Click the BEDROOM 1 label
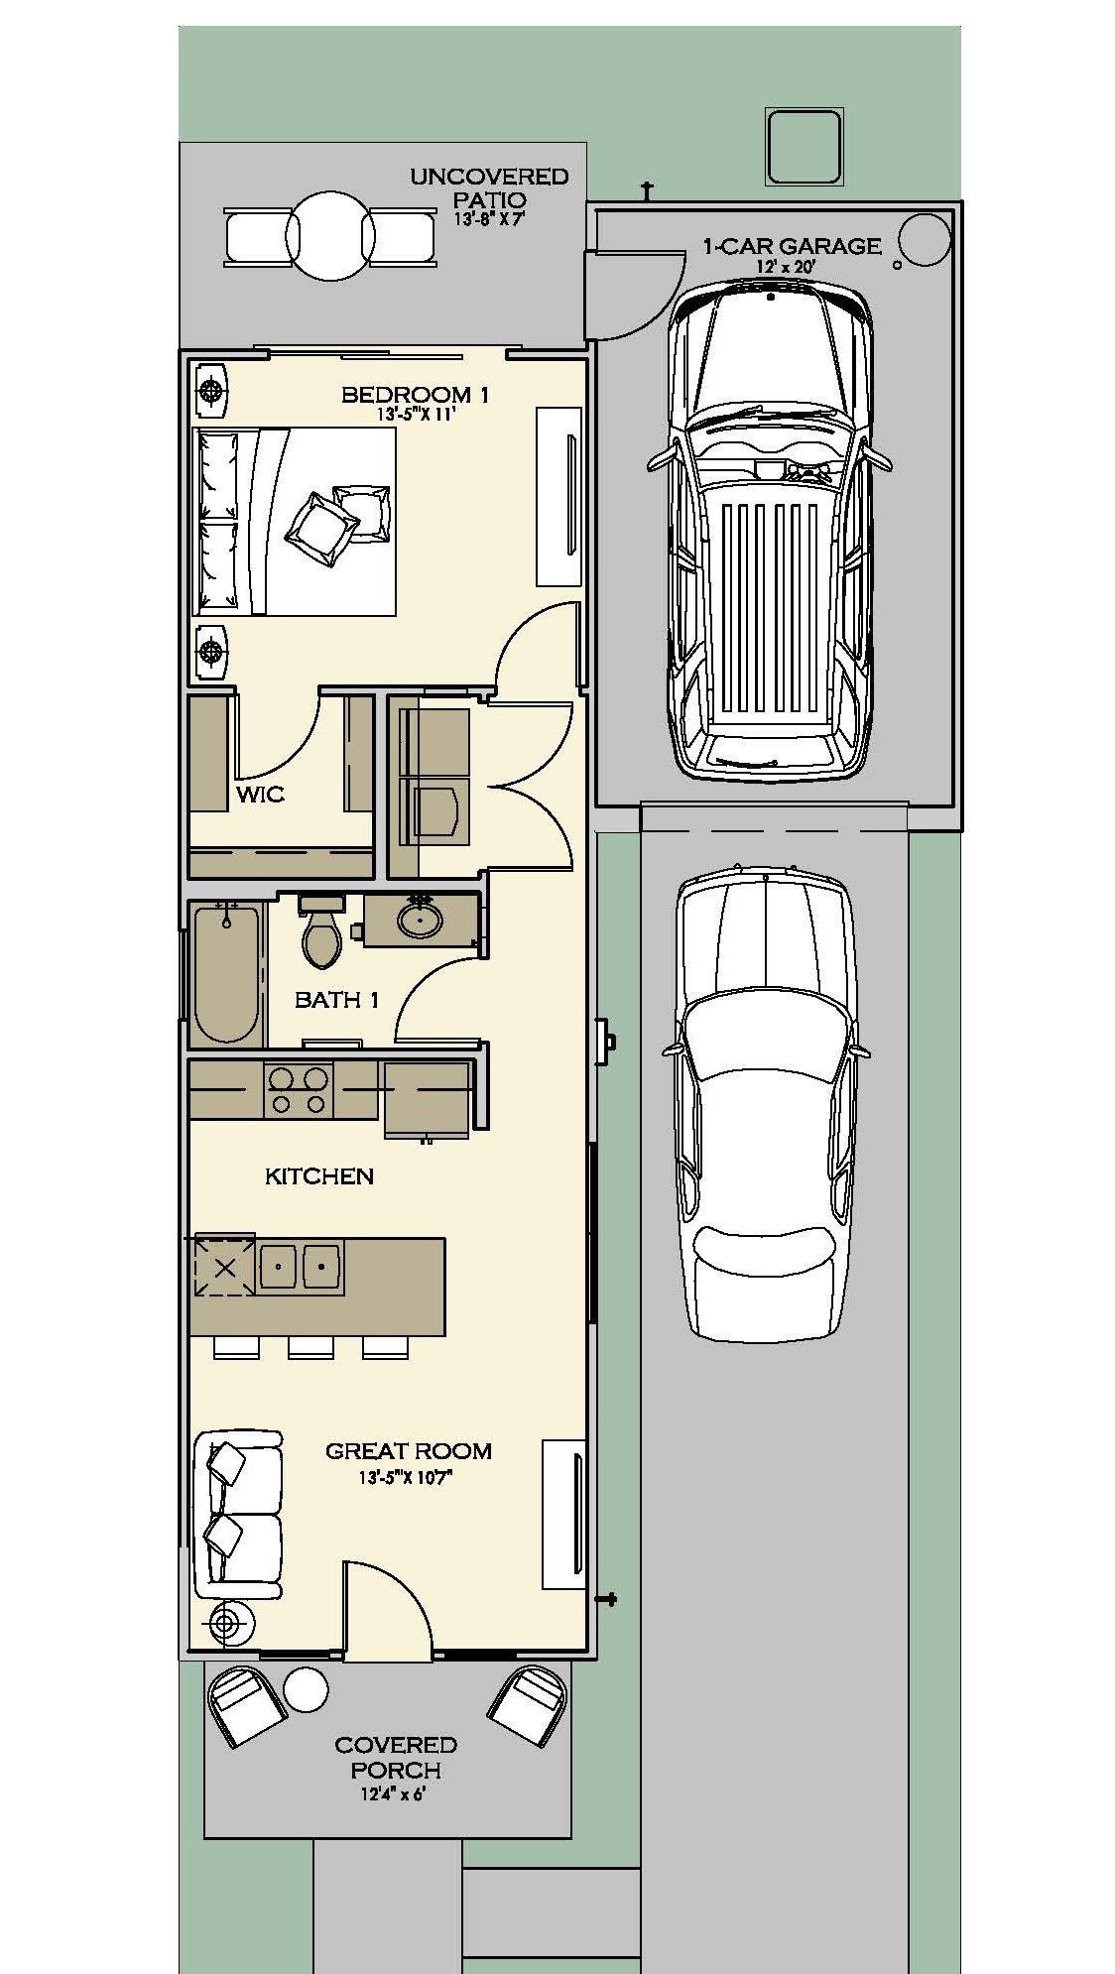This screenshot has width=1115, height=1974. pyautogui.click(x=415, y=395)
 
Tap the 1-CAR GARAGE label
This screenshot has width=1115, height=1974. pyautogui.click(x=792, y=246)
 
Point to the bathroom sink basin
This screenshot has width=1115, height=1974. pyautogui.click(x=420, y=921)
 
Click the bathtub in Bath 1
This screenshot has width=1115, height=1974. pyautogui.click(x=227, y=975)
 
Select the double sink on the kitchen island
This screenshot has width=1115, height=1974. pyautogui.click(x=301, y=1267)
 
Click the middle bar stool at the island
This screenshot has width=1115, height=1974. pyautogui.click(x=311, y=1347)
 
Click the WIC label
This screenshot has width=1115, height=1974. pyautogui.click(x=261, y=794)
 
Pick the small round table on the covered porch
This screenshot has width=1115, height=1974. pyautogui.click(x=306, y=1687)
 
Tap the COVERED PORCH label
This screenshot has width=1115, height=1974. pyautogui.click(x=396, y=1757)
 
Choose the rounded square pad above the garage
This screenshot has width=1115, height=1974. pyautogui.click(x=805, y=147)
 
